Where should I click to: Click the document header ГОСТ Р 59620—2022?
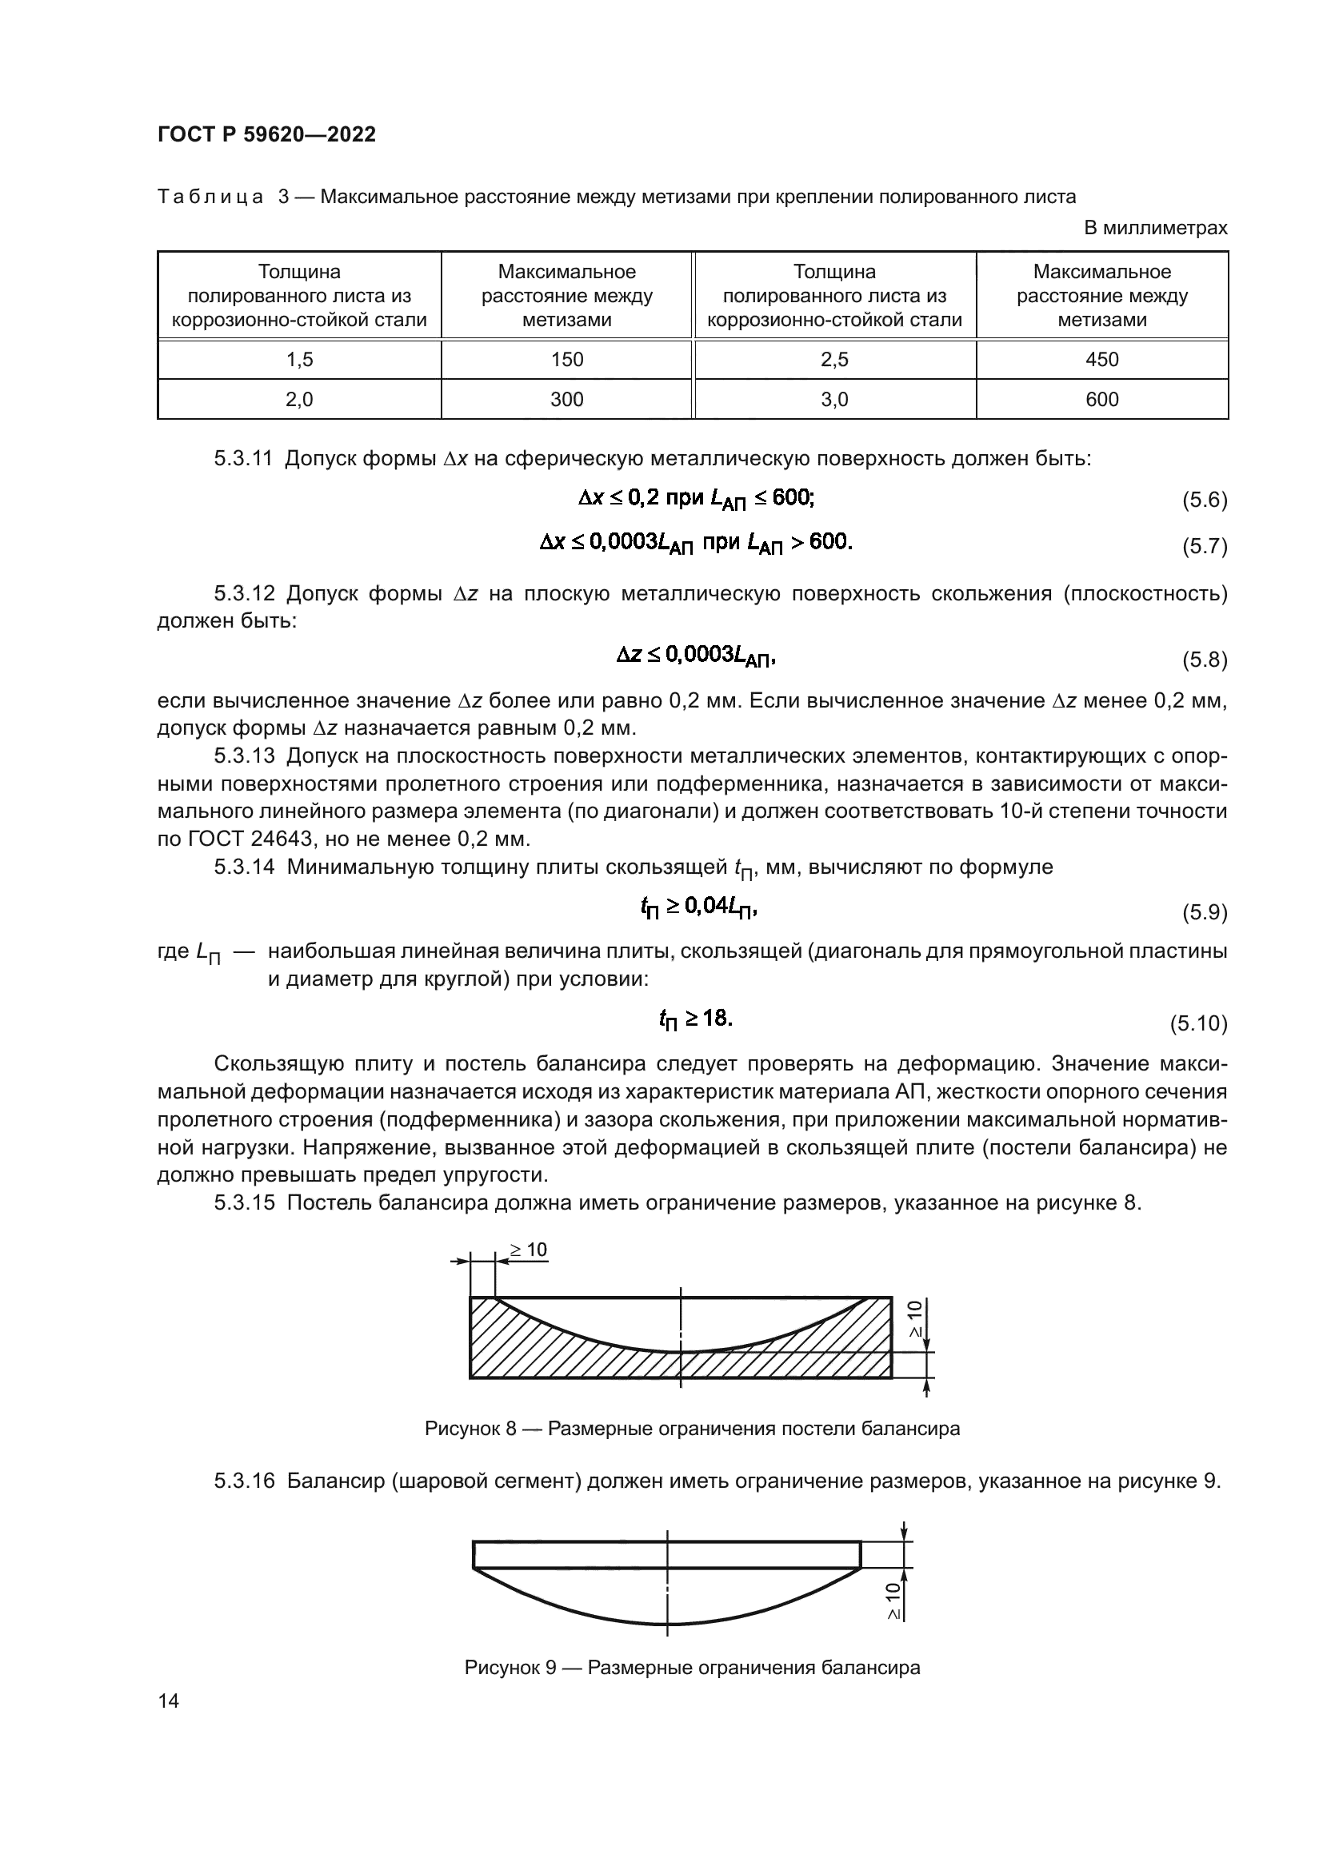266,135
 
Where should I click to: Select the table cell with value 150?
566,359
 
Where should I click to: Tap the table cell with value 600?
1101,399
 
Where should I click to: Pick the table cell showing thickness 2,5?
834,359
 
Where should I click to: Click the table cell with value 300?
566,399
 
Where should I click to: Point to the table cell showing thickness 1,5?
299,359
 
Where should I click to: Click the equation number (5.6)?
1204,500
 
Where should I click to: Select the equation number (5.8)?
1204,660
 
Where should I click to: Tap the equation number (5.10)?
1198,1024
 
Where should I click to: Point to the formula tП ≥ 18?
696,1019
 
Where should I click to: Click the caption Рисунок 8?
470,1429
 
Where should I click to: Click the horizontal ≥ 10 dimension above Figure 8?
529,1250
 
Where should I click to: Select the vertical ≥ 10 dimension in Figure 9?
893,1601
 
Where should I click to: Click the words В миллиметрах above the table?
1154,228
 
